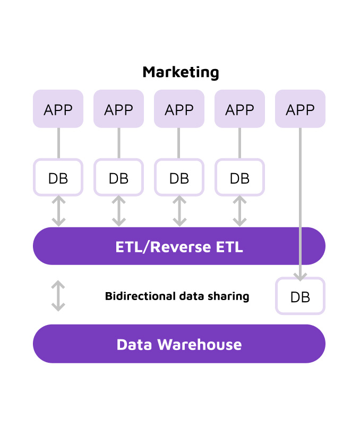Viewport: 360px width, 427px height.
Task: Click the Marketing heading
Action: [181, 72]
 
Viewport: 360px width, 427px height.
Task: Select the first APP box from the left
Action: [58, 109]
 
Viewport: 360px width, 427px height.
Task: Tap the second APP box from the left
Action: [118, 109]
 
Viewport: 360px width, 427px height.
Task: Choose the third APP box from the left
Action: [179, 109]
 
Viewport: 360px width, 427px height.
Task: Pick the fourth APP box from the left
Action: [239, 109]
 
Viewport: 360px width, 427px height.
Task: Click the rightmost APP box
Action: [300, 109]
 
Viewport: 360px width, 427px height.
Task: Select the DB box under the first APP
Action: [58, 178]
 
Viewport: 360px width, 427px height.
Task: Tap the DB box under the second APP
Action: [118, 178]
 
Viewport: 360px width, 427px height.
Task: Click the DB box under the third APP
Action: [179, 178]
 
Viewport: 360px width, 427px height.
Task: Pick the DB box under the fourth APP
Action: [239, 178]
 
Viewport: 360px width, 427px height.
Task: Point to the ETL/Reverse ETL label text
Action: [179, 247]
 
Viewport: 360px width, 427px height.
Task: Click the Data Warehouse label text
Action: [179, 345]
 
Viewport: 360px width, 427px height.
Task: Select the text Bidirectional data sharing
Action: [177, 296]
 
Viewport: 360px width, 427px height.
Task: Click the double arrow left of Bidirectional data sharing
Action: [58, 296]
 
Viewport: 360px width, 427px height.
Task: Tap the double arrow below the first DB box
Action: [58, 211]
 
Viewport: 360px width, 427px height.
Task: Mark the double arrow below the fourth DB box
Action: [239, 211]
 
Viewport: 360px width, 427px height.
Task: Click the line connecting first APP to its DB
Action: [58, 143]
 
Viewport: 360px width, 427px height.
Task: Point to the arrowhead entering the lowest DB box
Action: [300, 276]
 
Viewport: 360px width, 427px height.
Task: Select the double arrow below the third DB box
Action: [179, 211]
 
